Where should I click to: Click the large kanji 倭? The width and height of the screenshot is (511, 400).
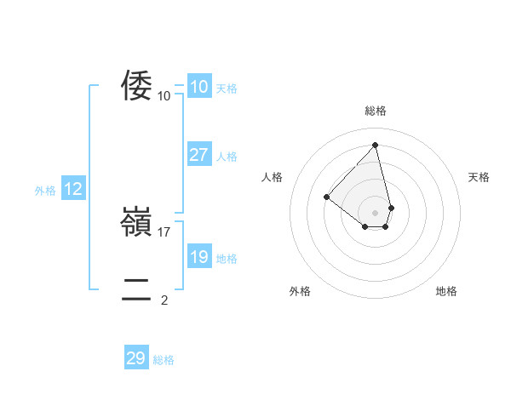click(136, 86)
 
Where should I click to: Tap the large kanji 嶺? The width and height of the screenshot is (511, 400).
click(136, 222)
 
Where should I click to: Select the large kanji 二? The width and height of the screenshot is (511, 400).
click(136, 290)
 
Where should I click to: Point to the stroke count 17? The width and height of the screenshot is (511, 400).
click(165, 231)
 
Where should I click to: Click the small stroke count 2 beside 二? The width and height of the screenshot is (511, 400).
click(164, 300)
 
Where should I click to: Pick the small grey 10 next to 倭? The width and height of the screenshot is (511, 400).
click(164, 95)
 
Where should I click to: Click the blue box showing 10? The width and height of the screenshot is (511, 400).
click(198, 87)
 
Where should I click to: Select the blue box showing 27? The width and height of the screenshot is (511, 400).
click(198, 155)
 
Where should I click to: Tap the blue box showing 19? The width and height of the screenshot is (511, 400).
click(198, 257)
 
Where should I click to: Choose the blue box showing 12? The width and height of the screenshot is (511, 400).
click(73, 189)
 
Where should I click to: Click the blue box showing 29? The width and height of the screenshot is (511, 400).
click(135, 358)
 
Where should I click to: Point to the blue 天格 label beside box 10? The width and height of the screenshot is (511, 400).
click(227, 89)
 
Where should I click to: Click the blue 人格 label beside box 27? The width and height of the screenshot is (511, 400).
click(227, 157)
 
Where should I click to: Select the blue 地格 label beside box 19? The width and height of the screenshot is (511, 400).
click(227, 259)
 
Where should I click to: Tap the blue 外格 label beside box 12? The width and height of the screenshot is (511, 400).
click(45, 191)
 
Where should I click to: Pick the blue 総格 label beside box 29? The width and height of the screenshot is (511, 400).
click(164, 360)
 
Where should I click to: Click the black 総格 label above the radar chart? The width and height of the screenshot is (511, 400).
click(376, 111)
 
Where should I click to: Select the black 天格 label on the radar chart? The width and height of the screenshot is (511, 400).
click(479, 177)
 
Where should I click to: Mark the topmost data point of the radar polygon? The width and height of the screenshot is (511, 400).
click(376, 145)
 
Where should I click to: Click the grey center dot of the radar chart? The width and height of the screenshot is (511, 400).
click(376, 212)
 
